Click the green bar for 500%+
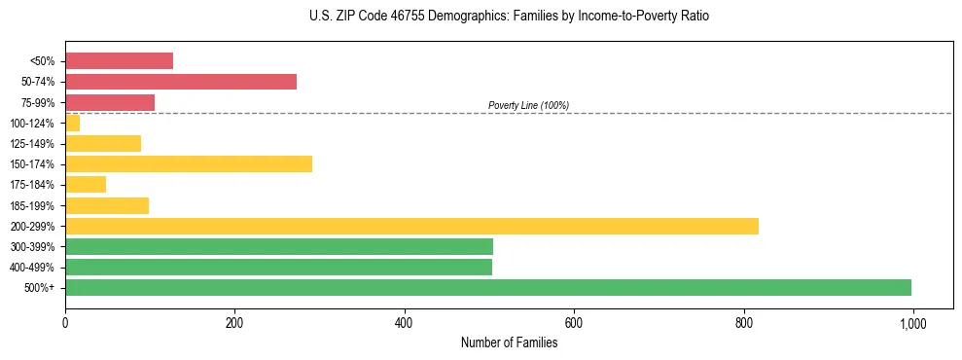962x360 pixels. (x=488, y=287)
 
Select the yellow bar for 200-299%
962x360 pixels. (x=411, y=226)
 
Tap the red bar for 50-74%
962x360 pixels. (x=181, y=82)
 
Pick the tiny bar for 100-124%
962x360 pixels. (x=73, y=123)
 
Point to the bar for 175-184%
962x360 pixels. (x=86, y=185)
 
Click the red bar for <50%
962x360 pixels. (x=119, y=60)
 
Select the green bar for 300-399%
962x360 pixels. (x=279, y=246)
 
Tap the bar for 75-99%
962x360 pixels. (x=110, y=102)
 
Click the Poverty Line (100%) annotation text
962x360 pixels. (x=528, y=105)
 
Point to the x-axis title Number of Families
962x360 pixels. (x=509, y=342)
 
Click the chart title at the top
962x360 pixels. (x=509, y=17)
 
